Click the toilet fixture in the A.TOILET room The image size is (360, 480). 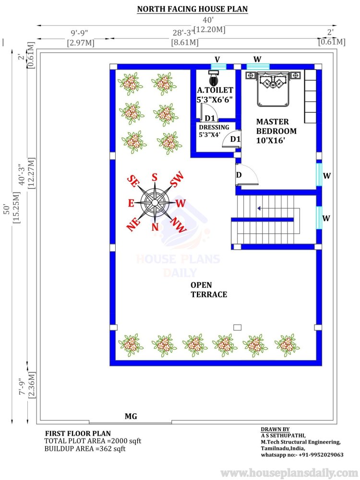pyautogui.click(x=214, y=78)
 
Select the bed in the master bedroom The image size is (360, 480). pyautogui.click(x=273, y=89)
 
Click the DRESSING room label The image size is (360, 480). pyautogui.click(x=214, y=128)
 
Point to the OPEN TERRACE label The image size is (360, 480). pyautogui.click(x=209, y=290)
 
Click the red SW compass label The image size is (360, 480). pyautogui.click(x=177, y=179)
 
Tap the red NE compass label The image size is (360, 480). pyautogui.click(x=133, y=224)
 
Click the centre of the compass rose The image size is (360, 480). pyautogui.click(x=155, y=202)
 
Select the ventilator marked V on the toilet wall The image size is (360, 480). pyautogui.click(x=218, y=67)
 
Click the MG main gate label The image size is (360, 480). pyautogui.click(x=131, y=416)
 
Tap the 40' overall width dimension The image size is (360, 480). pyautogui.click(x=208, y=20)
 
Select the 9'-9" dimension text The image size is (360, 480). pyautogui.click(x=79, y=33)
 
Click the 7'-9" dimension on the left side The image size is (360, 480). pyautogui.click(x=22, y=386)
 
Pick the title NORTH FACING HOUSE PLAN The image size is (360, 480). pyautogui.click(x=192, y=9)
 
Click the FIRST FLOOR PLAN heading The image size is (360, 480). pyautogui.click(x=78, y=433)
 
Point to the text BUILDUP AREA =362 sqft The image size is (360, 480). pyautogui.click(x=85, y=449)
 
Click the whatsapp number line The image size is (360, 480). pyautogui.click(x=302, y=455)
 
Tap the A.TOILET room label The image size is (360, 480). pyautogui.click(x=215, y=90)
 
